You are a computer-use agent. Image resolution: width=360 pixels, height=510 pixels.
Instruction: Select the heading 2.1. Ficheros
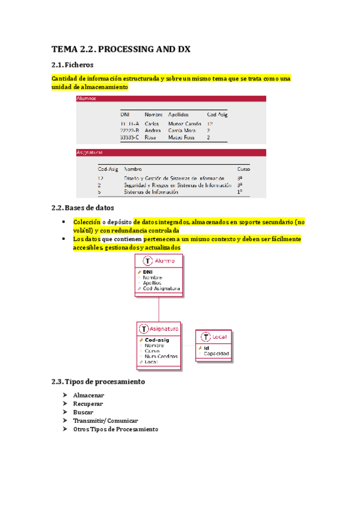(x=72, y=65)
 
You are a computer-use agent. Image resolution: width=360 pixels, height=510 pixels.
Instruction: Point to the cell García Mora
(x=182, y=130)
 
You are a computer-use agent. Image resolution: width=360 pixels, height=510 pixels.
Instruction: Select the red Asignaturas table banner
(x=171, y=153)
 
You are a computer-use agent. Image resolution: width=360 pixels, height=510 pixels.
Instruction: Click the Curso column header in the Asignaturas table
(x=243, y=169)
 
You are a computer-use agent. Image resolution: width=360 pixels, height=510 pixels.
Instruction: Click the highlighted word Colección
(x=86, y=221)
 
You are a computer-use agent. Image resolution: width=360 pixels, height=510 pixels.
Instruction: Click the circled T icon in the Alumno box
(x=147, y=260)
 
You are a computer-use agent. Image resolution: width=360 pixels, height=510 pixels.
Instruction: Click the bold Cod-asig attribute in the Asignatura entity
(x=157, y=340)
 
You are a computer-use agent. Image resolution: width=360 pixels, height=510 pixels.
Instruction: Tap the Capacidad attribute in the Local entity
(x=215, y=354)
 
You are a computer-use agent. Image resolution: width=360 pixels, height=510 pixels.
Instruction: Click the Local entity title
(x=221, y=337)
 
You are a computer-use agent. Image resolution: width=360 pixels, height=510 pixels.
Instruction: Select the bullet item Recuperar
(x=88, y=404)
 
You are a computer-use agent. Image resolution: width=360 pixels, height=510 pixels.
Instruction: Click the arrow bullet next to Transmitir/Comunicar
(x=64, y=421)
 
